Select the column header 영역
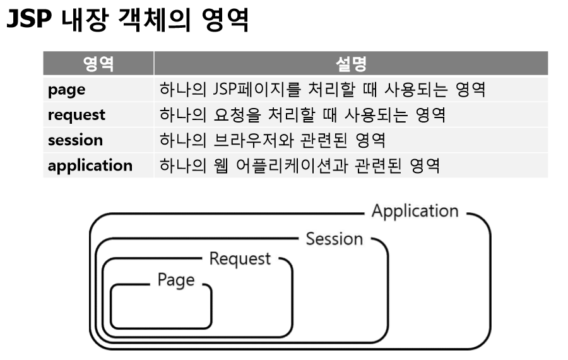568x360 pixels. tap(98, 64)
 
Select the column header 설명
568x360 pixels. tap(350, 64)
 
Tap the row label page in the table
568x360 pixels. tap(66, 90)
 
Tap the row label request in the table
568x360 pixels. tap(76, 115)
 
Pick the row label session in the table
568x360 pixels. tap(75, 140)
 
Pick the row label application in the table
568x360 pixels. tap(90, 165)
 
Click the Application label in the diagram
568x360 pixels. tap(415, 211)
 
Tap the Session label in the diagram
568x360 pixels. tap(334, 239)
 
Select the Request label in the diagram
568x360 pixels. tap(240, 259)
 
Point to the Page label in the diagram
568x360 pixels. tap(175, 280)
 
